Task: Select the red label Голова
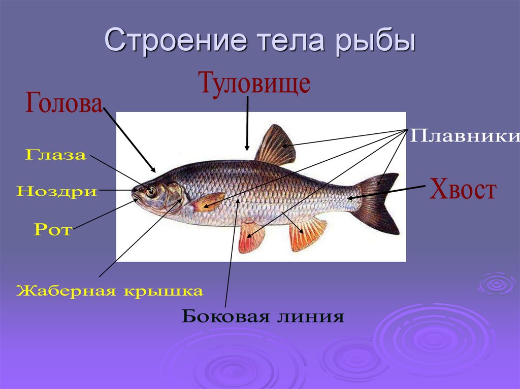point(63,104)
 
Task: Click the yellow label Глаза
point(55,155)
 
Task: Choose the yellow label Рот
point(53,230)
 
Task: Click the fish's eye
point(151,191)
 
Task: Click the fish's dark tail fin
point(378,203)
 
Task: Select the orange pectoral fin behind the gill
point(208,201)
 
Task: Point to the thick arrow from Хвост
point(386,192)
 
